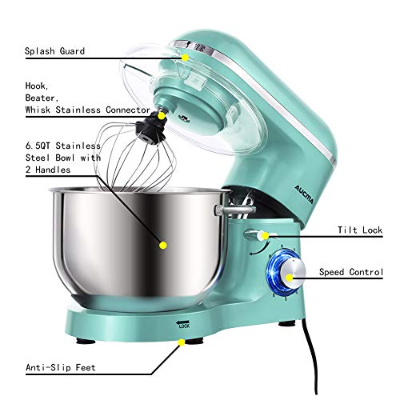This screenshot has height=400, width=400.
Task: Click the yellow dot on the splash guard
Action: coord(185,57)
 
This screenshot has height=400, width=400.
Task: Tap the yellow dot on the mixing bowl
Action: coord(163,246)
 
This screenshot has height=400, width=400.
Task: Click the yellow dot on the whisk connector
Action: coord(162,116)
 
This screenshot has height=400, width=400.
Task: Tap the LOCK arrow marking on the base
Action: coord(184,325)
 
